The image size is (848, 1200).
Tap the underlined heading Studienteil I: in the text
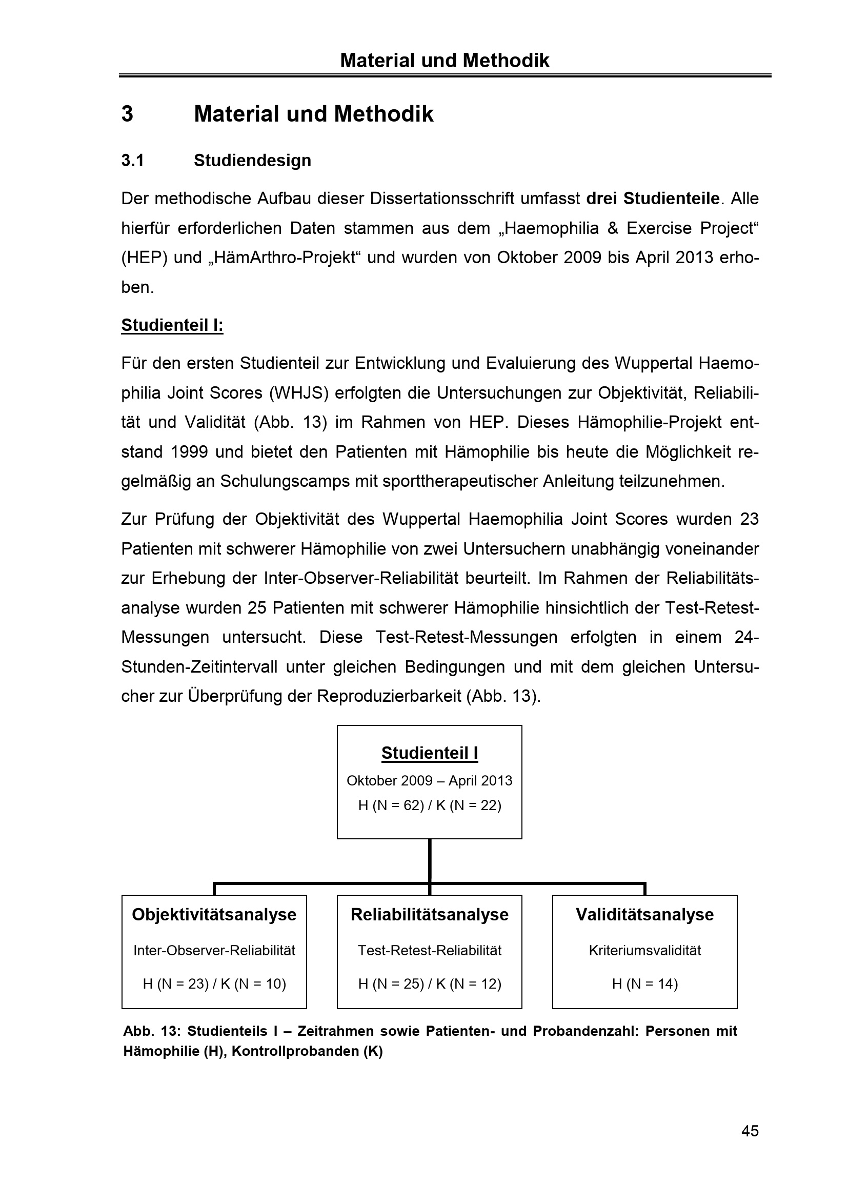pos(172,326)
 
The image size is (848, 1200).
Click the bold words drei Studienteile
pos(653,199)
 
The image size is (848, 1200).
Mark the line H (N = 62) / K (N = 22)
pos(429,805)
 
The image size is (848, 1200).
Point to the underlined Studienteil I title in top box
pos(429,753)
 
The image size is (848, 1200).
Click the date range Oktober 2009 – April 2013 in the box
pos(429,781)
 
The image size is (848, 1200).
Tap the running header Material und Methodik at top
pos(445,61)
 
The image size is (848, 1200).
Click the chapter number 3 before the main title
pos(128,114)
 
